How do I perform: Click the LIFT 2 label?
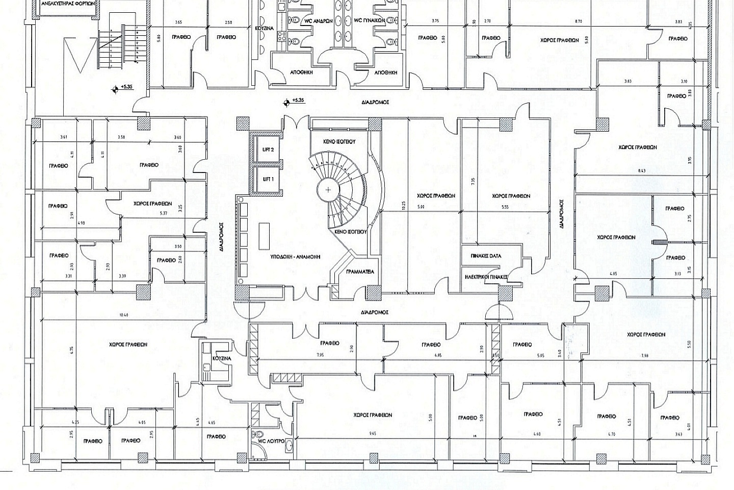click(x=269, y=150)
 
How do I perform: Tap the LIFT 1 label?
click(x=269, y=179)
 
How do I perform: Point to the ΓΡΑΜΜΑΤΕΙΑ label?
click(x=359, y=272)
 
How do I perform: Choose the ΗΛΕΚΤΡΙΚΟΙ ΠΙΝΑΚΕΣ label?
click(x=486, y=276)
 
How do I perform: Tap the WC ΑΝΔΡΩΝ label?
click(x=319, y=21)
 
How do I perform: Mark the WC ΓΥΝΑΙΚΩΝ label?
click(x=369, y=21)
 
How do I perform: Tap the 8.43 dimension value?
click(x=641, y=171)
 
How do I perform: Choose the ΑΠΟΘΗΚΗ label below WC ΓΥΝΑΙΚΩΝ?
click(x=385, y=72)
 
